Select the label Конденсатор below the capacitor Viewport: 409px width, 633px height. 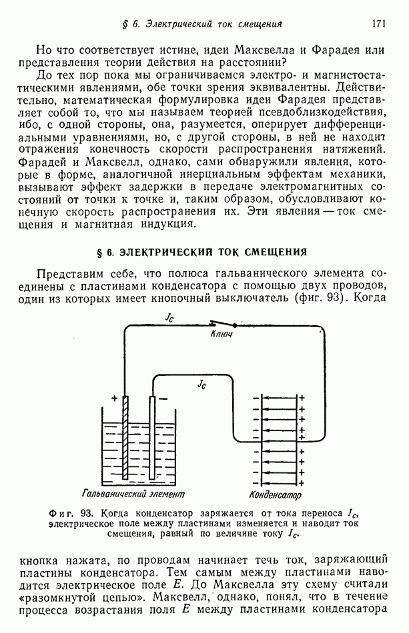click(275, 495)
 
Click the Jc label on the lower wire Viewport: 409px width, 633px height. click(201, 384)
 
